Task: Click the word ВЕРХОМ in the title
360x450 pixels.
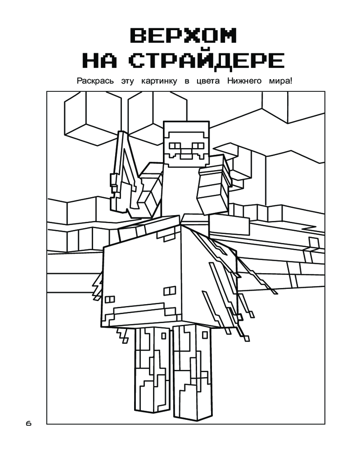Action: (x=184, y=35)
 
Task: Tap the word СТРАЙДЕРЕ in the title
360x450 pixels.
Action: (x=207, y=61)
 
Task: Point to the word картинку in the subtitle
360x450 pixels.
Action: (x=159, y=81)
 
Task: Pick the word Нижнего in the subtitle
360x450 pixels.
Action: (x=244, y=81)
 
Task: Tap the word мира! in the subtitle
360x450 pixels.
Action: (x=280, y=81)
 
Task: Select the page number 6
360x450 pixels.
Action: (x=28, y=423)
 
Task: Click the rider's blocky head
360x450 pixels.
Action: (x=186, y=144)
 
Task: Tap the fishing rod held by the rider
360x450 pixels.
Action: (x=125, y=175)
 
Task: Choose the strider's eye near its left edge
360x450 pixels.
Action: (x=110, y=299)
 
